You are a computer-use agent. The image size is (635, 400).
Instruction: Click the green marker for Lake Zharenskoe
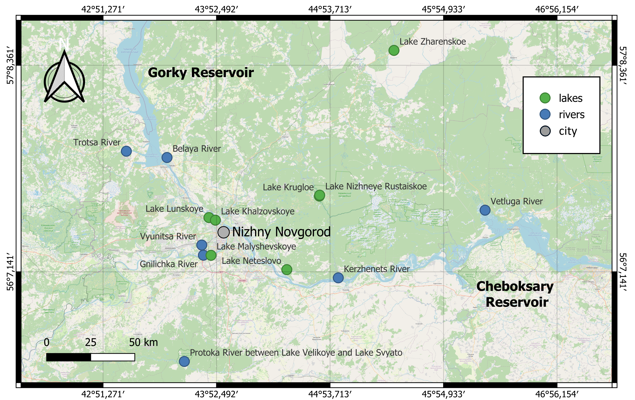[x=394, y=50]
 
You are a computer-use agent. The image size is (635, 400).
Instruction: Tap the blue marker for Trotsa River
[x=126, y=151]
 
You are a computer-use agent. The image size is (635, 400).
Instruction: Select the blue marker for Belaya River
[x=167, y=157]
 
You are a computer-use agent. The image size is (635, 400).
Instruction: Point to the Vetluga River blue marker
[x=485, y=210]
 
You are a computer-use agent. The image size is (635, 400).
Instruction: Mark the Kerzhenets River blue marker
[x=338, y=278]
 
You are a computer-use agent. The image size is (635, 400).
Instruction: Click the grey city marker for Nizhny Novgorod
[x=223, y=232]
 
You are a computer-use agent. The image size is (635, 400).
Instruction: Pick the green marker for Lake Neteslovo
[x=287, y=269]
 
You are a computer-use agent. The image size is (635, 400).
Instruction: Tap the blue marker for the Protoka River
[x=184, y=361]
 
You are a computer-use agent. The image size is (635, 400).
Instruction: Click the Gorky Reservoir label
[x=201, y=73]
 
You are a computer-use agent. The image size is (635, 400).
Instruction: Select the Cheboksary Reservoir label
[x=515, y=294]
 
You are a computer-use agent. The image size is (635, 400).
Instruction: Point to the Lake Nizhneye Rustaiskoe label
[x=376, y=186]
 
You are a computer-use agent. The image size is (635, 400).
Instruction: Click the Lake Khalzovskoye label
[x=258, y=211]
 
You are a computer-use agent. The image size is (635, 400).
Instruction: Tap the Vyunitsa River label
[x=168, y=236]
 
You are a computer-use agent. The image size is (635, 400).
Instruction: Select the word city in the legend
[x=568, y=131]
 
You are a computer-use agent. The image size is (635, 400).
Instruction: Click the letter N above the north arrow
[x=64, y=44]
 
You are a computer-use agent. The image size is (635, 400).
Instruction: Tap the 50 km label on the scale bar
[x=144, y=342]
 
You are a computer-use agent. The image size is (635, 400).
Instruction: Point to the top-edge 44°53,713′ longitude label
[x=330, y=10]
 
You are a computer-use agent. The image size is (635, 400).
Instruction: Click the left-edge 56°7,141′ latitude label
[x=10, y=272]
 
